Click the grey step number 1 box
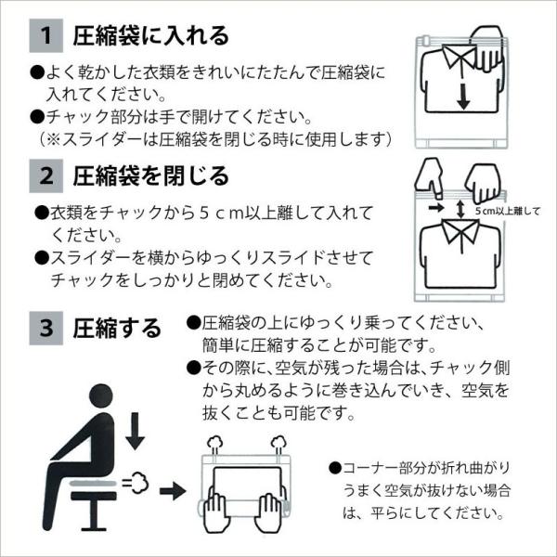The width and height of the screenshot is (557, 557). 45,35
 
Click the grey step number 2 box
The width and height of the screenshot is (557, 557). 45,175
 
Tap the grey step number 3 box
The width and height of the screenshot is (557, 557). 45,328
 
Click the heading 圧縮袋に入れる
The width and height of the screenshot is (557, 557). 151,36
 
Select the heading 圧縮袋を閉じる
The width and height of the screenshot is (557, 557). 151,176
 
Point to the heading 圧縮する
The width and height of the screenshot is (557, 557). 117,329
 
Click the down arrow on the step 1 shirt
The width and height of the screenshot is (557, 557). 463,97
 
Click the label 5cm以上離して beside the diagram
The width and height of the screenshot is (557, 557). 507,211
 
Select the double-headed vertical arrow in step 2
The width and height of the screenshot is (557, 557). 460,209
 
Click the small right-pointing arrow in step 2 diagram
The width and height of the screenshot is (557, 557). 436,207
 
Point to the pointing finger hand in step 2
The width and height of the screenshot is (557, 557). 430,178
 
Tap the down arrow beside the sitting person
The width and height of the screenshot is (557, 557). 135,432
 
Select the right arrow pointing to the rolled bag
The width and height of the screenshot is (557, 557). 173,492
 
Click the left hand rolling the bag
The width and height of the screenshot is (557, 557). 214,511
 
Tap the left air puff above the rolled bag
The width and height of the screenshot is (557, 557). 215,443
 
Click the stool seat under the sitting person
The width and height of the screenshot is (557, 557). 94,496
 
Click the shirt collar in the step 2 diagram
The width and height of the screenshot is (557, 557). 460,230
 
